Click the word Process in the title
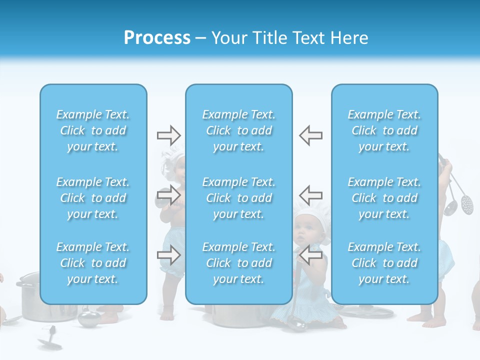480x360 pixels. pyautogui.click(x=157, y=38)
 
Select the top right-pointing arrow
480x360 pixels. pyautogui.click(x=169, y=135)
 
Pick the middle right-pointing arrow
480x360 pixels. pyautogui.click(x=169, y=194)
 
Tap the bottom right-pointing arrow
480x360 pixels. pyautogui.click(x=169, y=255)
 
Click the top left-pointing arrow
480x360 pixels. pyautogui.click(x=310, y=135)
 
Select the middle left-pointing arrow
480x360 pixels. pyautogui.click(x=310, y=194)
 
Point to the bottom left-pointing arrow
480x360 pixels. pyautogui.click(x=310, y=255)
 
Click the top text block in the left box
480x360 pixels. pyautogui.click(x=93, y=130)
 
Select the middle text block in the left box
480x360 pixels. pyautogui.click(x=93, y=198)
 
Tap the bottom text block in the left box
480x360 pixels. pyautogui.click(x=93, y=263)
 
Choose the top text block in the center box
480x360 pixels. pyautogui.click(x=239, y=130)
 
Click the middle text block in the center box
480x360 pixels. pyautogui.click(x=239, y=198)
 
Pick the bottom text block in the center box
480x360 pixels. pyautogui.click(x=239, y=263)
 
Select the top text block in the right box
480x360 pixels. pyautogui.click(x=384, y=130)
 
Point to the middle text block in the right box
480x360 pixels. pyautogui.click(x=384, y=198)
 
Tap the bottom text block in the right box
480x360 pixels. pyautogui.click(x=384, y=263)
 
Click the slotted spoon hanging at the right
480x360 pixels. pyautogui.click(x=466, y=203)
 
